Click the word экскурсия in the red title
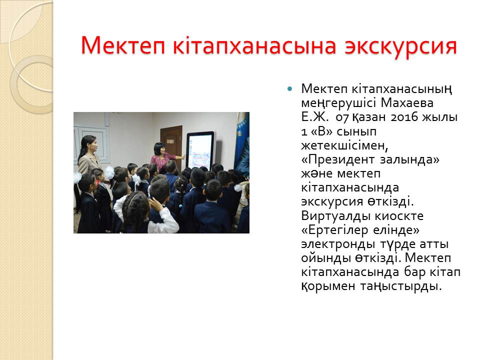coord(400,46)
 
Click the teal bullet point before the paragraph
coord(289,89)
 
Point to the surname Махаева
coord(407,103)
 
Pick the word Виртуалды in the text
coord(336,216)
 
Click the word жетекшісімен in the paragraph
coord(344,145)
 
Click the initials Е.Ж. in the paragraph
coord(315,117)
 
